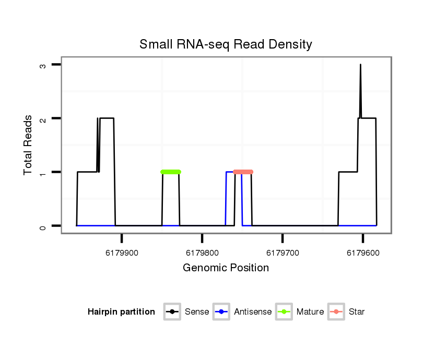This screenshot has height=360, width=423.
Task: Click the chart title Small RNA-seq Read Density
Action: coord(226,45)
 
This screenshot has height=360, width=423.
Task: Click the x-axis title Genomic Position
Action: coord(226,268)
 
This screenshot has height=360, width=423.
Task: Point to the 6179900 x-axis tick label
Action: coord(122,253)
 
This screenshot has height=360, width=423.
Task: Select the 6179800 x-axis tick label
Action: coord(202,253)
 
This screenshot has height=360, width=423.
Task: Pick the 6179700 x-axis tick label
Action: coord(283,253)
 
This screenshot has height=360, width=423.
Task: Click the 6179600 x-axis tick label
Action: coord(363,253)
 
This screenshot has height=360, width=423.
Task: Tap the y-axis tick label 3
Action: coord(44,65)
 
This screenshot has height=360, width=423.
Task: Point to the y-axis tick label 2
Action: coord(44,118)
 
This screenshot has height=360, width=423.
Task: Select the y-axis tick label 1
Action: coord(44,172)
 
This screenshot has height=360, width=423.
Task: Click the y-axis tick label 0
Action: coord(44,226)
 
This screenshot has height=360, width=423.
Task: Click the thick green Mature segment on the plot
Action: coord(171,172)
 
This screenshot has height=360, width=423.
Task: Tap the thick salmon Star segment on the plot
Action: coord(243,172)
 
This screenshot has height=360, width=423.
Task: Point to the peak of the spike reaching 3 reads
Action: coord(360,65)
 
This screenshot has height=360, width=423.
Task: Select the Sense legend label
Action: coord(196,312)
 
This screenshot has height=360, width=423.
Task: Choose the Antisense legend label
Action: coord(252,312)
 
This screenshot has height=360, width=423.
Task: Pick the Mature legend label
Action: coord(310,312)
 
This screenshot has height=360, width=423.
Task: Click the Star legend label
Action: coord(357,312)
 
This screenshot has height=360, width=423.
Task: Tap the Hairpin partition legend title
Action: coord(121,312)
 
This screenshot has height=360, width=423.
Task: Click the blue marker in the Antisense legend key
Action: coord(222,312)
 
